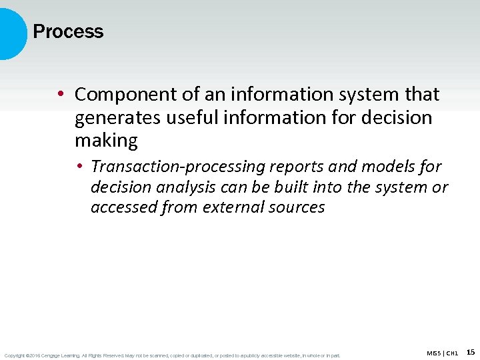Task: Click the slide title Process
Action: [68, 31]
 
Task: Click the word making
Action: [106, 141]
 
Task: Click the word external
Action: [227, 207]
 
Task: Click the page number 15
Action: [471, 352]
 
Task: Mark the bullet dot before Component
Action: [60, 95]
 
